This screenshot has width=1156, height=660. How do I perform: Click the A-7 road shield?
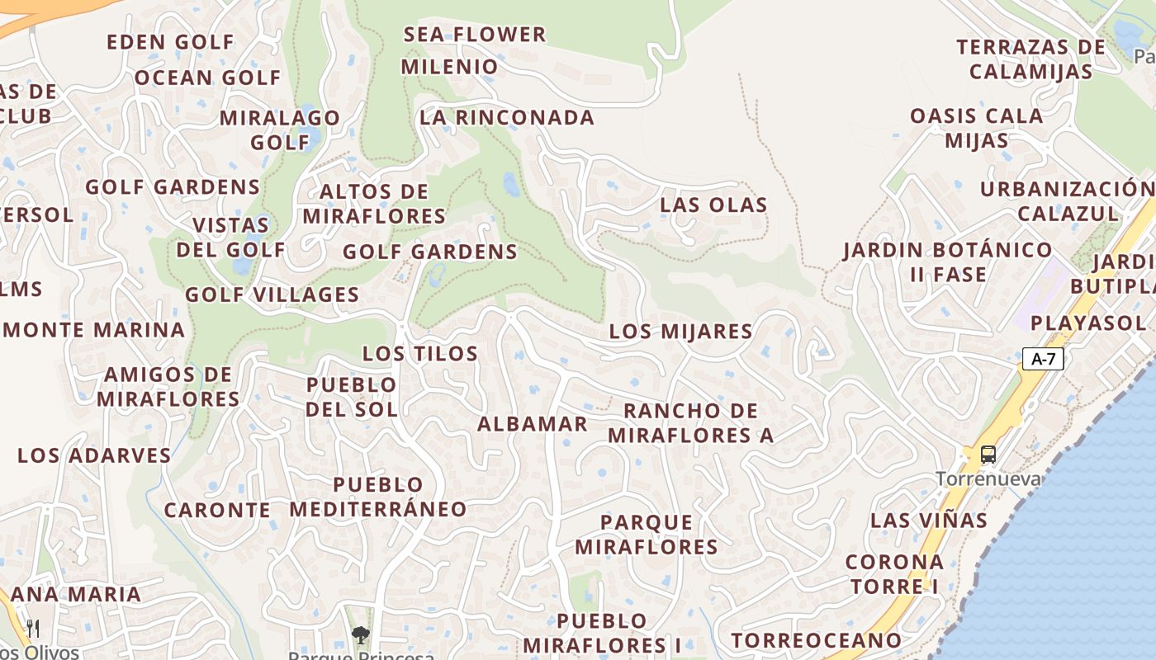point(1043,359)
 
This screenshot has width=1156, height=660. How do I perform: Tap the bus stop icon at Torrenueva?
point(988,455)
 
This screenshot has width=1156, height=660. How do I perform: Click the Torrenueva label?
point(988,478)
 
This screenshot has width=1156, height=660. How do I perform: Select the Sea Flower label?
point(475,35)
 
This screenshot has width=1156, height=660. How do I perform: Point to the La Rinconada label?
point(507,118)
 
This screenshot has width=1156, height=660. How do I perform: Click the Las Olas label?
point(713,205)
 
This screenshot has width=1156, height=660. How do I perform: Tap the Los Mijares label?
point(680,332)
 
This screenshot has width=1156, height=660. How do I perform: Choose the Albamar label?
point(533,424)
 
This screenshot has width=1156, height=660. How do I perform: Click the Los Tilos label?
point(420,354)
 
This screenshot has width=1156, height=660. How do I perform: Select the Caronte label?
point(217,511)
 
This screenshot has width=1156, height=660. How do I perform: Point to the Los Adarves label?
point(94,455)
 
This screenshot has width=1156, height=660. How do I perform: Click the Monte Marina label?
point(94,330)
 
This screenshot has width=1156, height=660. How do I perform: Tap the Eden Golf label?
point(171,42)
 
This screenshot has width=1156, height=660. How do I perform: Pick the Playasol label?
point(1087,323)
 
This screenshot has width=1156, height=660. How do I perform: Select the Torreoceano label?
point(816,640)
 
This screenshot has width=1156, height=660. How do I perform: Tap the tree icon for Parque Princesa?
point(360,634)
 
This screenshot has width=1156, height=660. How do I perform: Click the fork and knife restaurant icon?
point(33,628)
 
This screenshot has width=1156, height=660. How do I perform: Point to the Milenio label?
point(450,67)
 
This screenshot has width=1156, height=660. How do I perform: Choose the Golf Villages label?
point(272,295)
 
